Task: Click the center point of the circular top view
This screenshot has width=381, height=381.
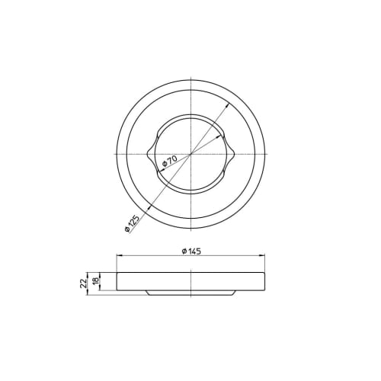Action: (190, 155)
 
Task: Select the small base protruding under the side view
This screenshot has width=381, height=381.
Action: (190, 292)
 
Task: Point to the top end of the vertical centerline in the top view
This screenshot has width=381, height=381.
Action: (190, 76)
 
